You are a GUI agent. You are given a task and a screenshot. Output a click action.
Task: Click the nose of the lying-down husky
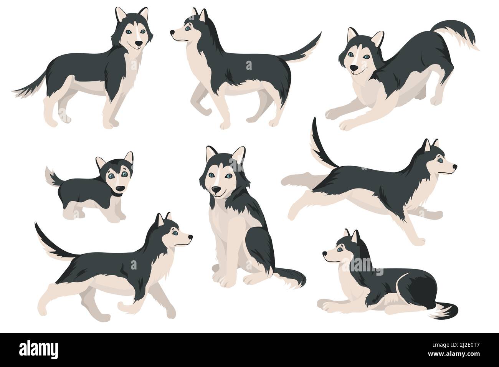coord(325,253)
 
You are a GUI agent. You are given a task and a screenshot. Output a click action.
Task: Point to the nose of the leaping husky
coord(455,167)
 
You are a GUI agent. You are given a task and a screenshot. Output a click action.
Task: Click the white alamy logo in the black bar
coord(38,349)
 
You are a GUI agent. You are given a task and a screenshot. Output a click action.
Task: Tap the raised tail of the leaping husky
coord(321,145)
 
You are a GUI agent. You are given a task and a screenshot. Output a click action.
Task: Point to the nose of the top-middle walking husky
coord(172,33)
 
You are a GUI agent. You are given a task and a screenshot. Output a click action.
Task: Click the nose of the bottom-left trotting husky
coord(190,236)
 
